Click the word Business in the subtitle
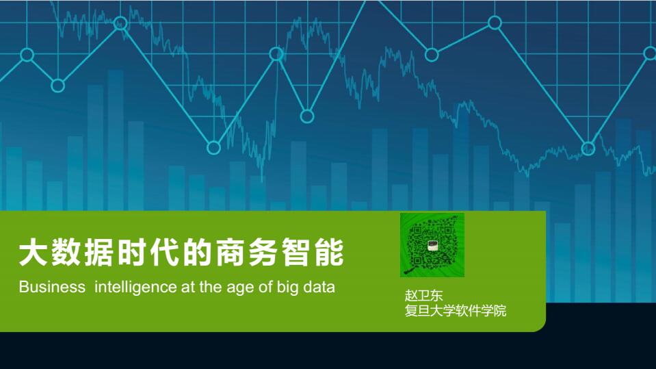(x=52, y=287)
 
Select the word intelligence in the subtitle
(x=135, y=288)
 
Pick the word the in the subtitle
(x=211, y=287)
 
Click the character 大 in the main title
(x=33, y=252)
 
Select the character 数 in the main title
(x=66, y=252)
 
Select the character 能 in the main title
(x=330, y=252)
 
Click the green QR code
(x=432, y=245)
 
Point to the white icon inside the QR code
(x=432, y=246)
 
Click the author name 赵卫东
(x=423, y=295)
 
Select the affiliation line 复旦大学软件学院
(x=455, y=311)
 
